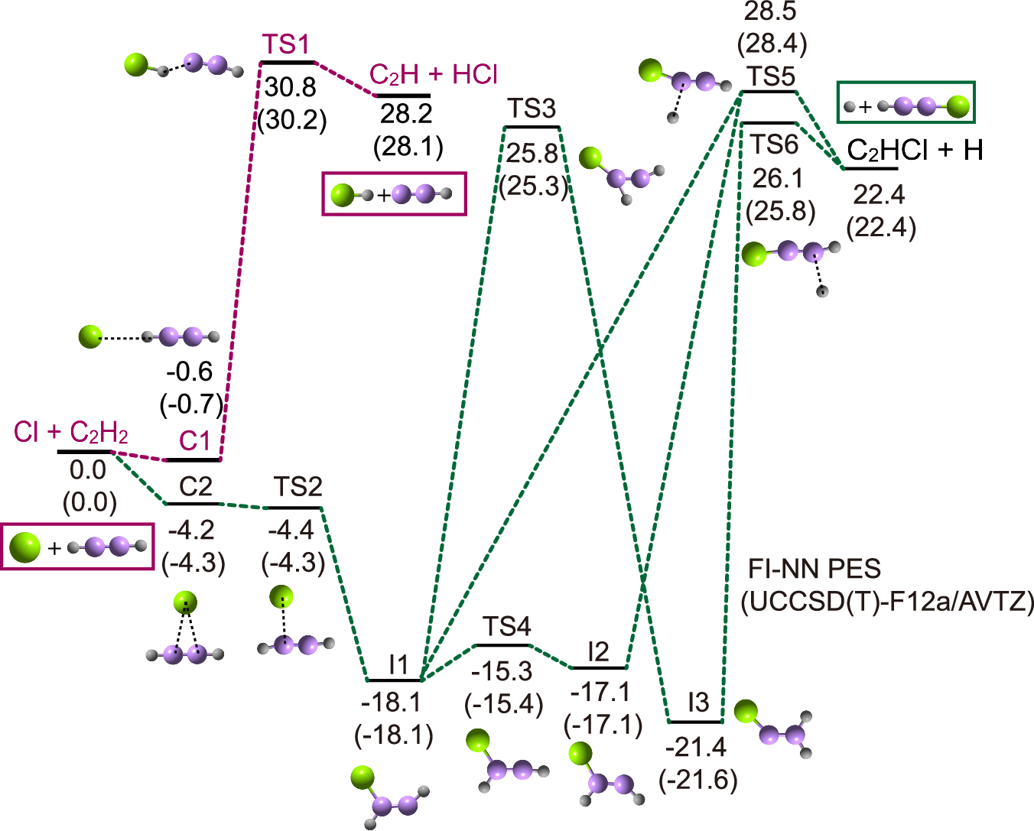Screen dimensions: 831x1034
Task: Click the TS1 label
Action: coord(286,45)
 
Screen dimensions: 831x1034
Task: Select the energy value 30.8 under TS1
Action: coord(291,87)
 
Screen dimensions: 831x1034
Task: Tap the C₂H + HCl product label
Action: coord(433,75)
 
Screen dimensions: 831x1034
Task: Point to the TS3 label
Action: coord(532,109)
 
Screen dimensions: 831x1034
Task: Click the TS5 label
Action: coord(771,76)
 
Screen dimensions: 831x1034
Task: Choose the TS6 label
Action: coord(774,144)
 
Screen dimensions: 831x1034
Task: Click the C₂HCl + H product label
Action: coord(915,150)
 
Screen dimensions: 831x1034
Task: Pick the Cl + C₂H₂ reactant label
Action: coord(71,433)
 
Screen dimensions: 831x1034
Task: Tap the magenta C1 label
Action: coord(194,441)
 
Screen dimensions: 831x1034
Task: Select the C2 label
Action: coord(195,487)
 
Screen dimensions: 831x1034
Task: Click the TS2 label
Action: coord(298,487)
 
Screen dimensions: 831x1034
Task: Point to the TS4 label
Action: coord(506,628)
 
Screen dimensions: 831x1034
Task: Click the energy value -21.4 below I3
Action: coord(696,747)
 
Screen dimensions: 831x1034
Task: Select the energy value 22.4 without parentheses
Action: coord(879,195)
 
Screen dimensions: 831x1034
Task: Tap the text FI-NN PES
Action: coord(814,569)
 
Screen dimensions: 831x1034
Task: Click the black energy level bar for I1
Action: coord(395,680)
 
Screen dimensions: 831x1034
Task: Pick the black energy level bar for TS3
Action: coord(532,127)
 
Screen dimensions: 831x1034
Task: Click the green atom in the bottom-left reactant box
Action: coord(25,547)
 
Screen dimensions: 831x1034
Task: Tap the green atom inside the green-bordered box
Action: coord(957,106)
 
